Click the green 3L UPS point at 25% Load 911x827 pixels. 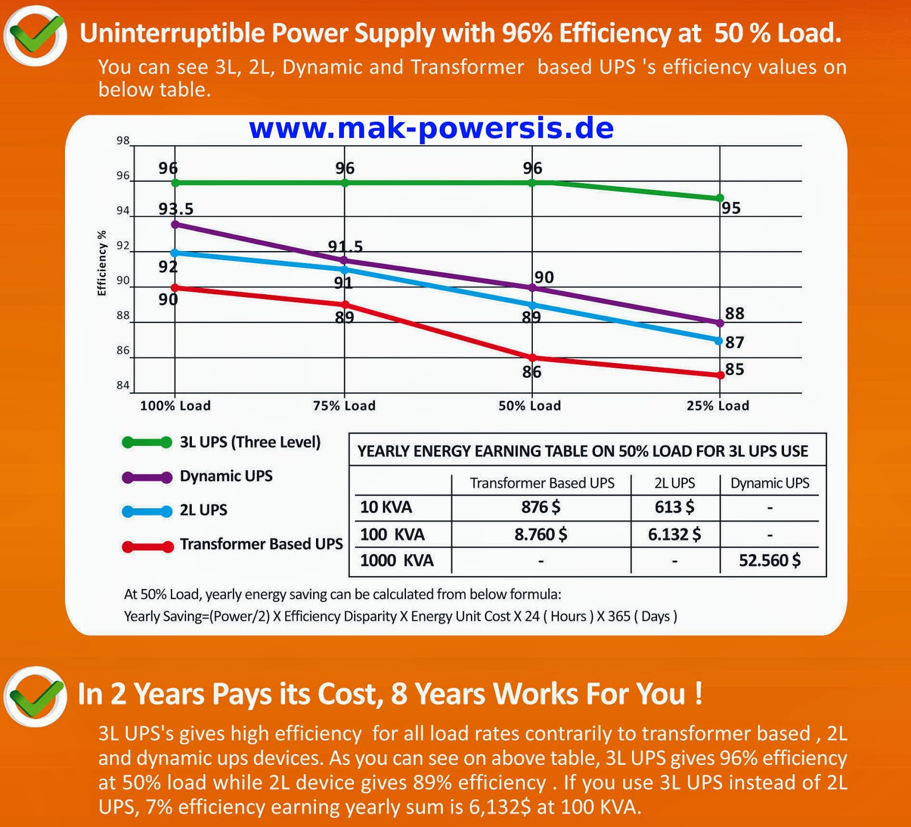[x=720, y=198]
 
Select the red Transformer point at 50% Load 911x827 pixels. [x=532, y=357]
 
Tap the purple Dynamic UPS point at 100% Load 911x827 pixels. [x=175, y=224]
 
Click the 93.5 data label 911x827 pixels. [x=176, y=209]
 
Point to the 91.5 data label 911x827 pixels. [x=345, y=246]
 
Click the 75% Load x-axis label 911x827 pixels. [x=344, y=406]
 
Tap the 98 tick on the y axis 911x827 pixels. [x=123, y=141]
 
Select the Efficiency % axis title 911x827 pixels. [x=102, y=263]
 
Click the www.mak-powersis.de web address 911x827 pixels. [x=432, y=129]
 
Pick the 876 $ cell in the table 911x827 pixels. [x=541, y=507]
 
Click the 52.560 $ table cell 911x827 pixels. [x=770, y=561]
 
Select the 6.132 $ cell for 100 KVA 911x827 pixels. [x=674, y=534]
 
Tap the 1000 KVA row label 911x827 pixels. [x=397, y=561]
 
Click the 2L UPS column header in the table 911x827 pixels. [x=675, y=483]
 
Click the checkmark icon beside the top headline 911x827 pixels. [x=35, y=35]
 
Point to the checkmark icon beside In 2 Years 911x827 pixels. [x=35, y=696]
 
